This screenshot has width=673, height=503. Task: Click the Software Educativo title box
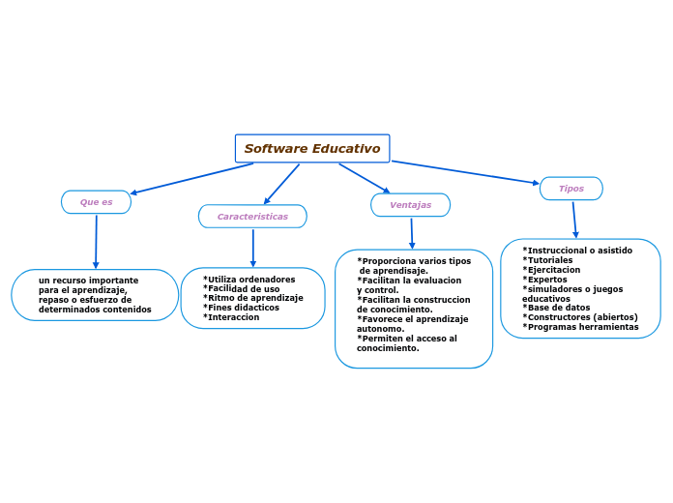point(312,149)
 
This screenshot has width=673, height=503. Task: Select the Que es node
point(96,202)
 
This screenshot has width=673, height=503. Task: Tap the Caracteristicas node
point(252,217)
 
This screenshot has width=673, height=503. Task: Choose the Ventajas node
point(410,205)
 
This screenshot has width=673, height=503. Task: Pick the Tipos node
point(571,189)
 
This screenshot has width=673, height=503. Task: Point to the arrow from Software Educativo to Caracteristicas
point(281,184)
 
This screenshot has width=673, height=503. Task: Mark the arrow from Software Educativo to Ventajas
point(365,178)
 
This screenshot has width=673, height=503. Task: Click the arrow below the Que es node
point(96,241)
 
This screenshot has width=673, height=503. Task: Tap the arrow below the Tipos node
point(574,219)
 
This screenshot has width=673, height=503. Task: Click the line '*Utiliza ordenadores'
point(249,280)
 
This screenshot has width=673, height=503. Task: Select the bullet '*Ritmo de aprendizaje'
point(252,298)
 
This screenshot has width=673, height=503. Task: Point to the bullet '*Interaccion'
point(231,317)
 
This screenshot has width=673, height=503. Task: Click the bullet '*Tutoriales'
point(547,260)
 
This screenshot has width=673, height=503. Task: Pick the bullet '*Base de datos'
point(556,308)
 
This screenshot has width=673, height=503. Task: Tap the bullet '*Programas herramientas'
point(580,327)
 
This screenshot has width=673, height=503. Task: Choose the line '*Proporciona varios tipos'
point(414,261)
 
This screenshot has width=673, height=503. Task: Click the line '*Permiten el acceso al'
point(406,339)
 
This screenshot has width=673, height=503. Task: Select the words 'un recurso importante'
point(88,281)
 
